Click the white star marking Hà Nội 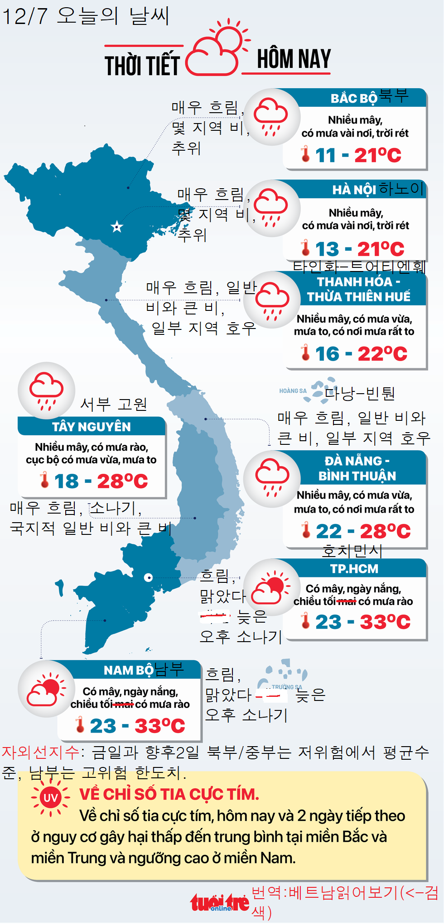coord(117,227)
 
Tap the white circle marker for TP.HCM coord(148,577)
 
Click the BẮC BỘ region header coord(354,98)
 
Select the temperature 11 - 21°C coord(358,155)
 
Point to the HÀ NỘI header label coord(354,190)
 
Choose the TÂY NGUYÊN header coord(91,427)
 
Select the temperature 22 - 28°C coord(363,531)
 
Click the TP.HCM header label coord(354,569)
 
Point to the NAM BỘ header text coord(129,670)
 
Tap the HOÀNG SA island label coord(293,391)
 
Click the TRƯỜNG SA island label coord(287,687)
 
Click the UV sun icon coord(50,797)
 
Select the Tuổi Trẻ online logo coord(219,903)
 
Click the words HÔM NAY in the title coord(294,59)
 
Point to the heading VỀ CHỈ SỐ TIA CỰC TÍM coord(169,794)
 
